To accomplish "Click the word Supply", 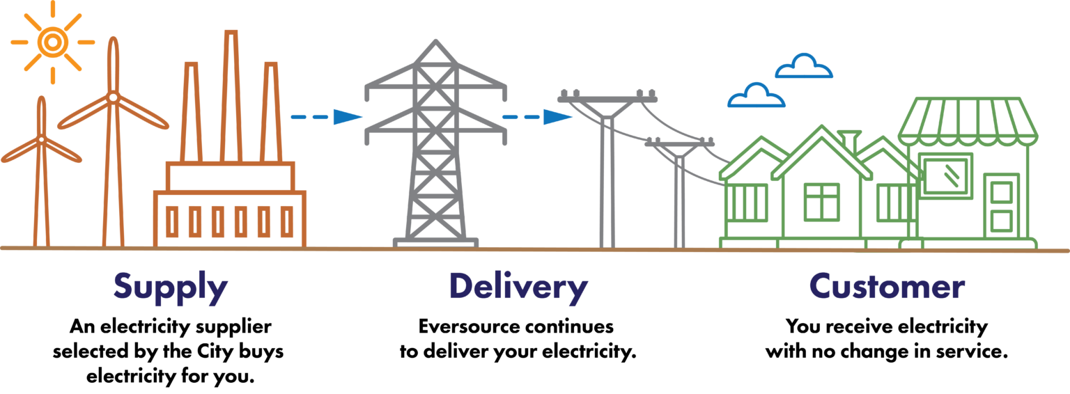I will (x=171, y=287).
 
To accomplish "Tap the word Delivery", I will (x=518, y=287).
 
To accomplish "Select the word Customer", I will (x=887, y=287).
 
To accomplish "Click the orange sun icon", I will (x=52, y=42).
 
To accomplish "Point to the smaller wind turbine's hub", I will (x=41, y=140).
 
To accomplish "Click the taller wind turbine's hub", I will (x=112, y=97).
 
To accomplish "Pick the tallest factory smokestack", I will (x=231, y=97).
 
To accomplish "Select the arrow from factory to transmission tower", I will (x=327, y=117).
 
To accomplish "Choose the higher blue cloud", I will (x=804, y=67).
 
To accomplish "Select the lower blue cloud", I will (x=756, y=96).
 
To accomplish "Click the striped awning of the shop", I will (x=968, y=122).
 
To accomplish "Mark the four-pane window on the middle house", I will (x=821, y=202).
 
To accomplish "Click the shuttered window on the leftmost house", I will (x=747, y=203).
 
